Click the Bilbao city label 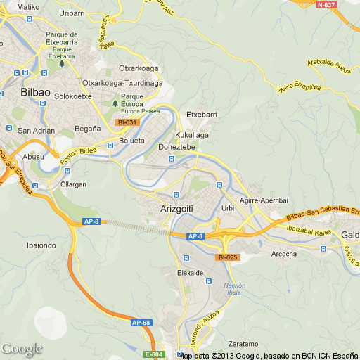[35, 92]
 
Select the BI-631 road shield [127, 122]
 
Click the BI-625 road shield [229, 257]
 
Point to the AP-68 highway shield [141, 323]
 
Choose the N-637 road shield [326, 5]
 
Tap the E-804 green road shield [153, 354]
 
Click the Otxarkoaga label [139, 68]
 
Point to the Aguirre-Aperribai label [264, 200]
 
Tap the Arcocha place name [283, 254]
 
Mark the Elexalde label [191, 272]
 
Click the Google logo [22, 349]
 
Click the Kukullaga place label [192, 134]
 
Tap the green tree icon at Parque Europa [116, 104]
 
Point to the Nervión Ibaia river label [235, 289]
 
